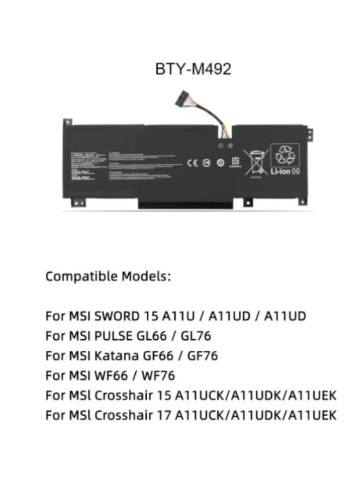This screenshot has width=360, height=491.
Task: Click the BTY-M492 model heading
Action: click(x=193, y=69)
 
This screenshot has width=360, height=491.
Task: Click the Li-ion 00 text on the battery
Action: click(x=285, y=171)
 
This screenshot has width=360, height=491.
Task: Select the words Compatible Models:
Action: click(x=108, y=276)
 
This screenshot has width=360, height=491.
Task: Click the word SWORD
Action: click(x=113, y=316)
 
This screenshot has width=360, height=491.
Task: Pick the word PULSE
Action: click(x=113, y=336)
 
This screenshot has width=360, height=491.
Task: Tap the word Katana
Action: click(x=114, y=356)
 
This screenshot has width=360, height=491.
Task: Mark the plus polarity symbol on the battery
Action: click(x=231, y=146)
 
